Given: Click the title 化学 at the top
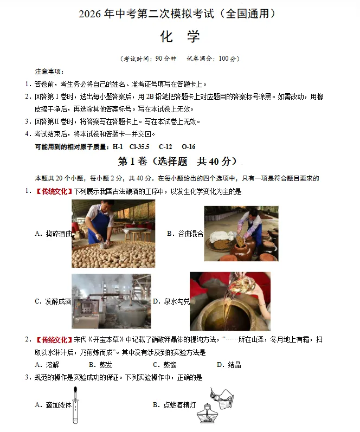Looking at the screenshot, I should pos(180,36).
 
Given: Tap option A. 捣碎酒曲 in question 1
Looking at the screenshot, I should pos(53,234).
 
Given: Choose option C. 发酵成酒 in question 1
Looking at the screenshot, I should pos(53,301).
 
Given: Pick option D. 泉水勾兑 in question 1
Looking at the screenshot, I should pos(171,301).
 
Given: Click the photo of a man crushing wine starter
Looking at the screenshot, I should pos(113,234).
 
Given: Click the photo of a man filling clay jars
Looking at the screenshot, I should pos(241,234).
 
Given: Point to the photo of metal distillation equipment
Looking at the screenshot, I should pos(111,301).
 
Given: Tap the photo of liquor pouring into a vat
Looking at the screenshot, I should pos(230,301).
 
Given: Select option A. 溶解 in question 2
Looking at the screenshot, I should pos(47,365).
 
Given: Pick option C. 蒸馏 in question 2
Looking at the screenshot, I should pos(164,365).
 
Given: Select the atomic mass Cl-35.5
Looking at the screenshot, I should pos(139,147).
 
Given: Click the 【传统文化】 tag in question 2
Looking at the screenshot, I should pos(53,340).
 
